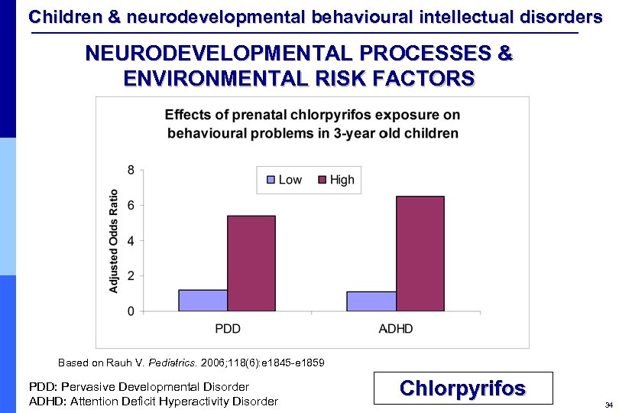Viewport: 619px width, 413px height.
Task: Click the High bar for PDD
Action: (x=251, y=263)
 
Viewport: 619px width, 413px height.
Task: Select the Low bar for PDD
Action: (x=203, y=301)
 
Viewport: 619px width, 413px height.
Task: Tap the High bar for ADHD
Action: (x=420, y=254)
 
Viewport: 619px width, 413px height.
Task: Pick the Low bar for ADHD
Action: (x=371, y=301)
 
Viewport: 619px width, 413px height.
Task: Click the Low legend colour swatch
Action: (x=270, y=180)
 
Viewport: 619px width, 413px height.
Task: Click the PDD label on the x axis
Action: (x=227, y=329)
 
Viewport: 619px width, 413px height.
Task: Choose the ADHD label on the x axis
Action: (x=395, y=329)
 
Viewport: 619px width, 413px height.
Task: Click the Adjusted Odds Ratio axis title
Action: (x=114, y=241)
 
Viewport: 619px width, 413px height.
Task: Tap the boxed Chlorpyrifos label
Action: (x=462, y=389)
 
